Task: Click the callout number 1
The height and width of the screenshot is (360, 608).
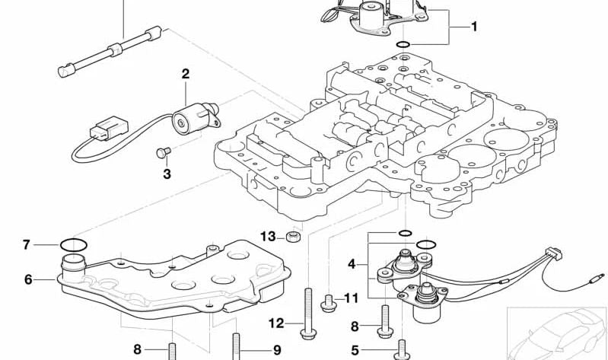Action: click(474, 27)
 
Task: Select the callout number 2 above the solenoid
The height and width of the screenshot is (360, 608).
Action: click(185, 75)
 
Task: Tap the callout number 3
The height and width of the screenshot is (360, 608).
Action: click(167, 174)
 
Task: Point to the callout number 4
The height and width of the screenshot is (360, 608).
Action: click(352, 264)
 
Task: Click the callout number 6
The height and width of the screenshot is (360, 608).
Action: click(28, 279)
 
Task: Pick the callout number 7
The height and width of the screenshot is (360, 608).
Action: click(26, 244)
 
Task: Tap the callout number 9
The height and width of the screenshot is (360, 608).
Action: click(277, 350)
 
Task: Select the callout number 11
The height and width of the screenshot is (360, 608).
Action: click(351, 298)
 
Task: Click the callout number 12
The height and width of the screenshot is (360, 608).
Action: click(275, 323)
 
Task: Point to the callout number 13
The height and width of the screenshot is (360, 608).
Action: click(268, 236)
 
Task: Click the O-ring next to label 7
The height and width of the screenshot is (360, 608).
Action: click(73, 245)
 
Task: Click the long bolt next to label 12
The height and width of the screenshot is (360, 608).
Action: click(309, 312)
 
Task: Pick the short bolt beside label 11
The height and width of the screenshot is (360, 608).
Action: click(329, 301)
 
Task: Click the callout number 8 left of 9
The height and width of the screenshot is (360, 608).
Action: click(138, 350)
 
